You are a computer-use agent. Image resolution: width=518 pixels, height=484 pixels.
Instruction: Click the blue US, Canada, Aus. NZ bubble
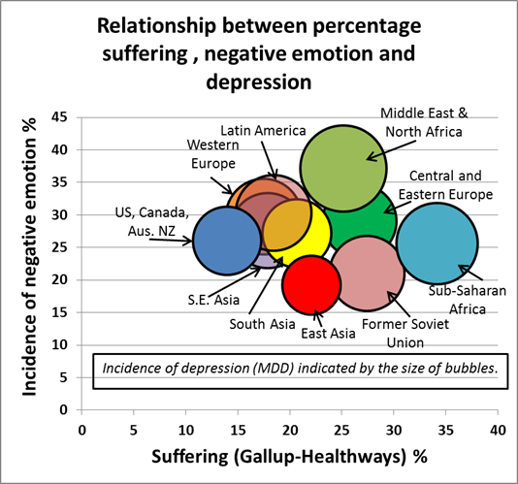click(226, 241)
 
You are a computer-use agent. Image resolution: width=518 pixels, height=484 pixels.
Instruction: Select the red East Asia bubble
click(310, 284)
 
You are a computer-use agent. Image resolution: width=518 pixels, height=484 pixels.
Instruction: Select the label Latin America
click(263, 130)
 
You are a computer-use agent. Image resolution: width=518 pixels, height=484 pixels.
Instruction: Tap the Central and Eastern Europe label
click(451, 184)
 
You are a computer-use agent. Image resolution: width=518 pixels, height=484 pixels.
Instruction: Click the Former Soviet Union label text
click(399, 332)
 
